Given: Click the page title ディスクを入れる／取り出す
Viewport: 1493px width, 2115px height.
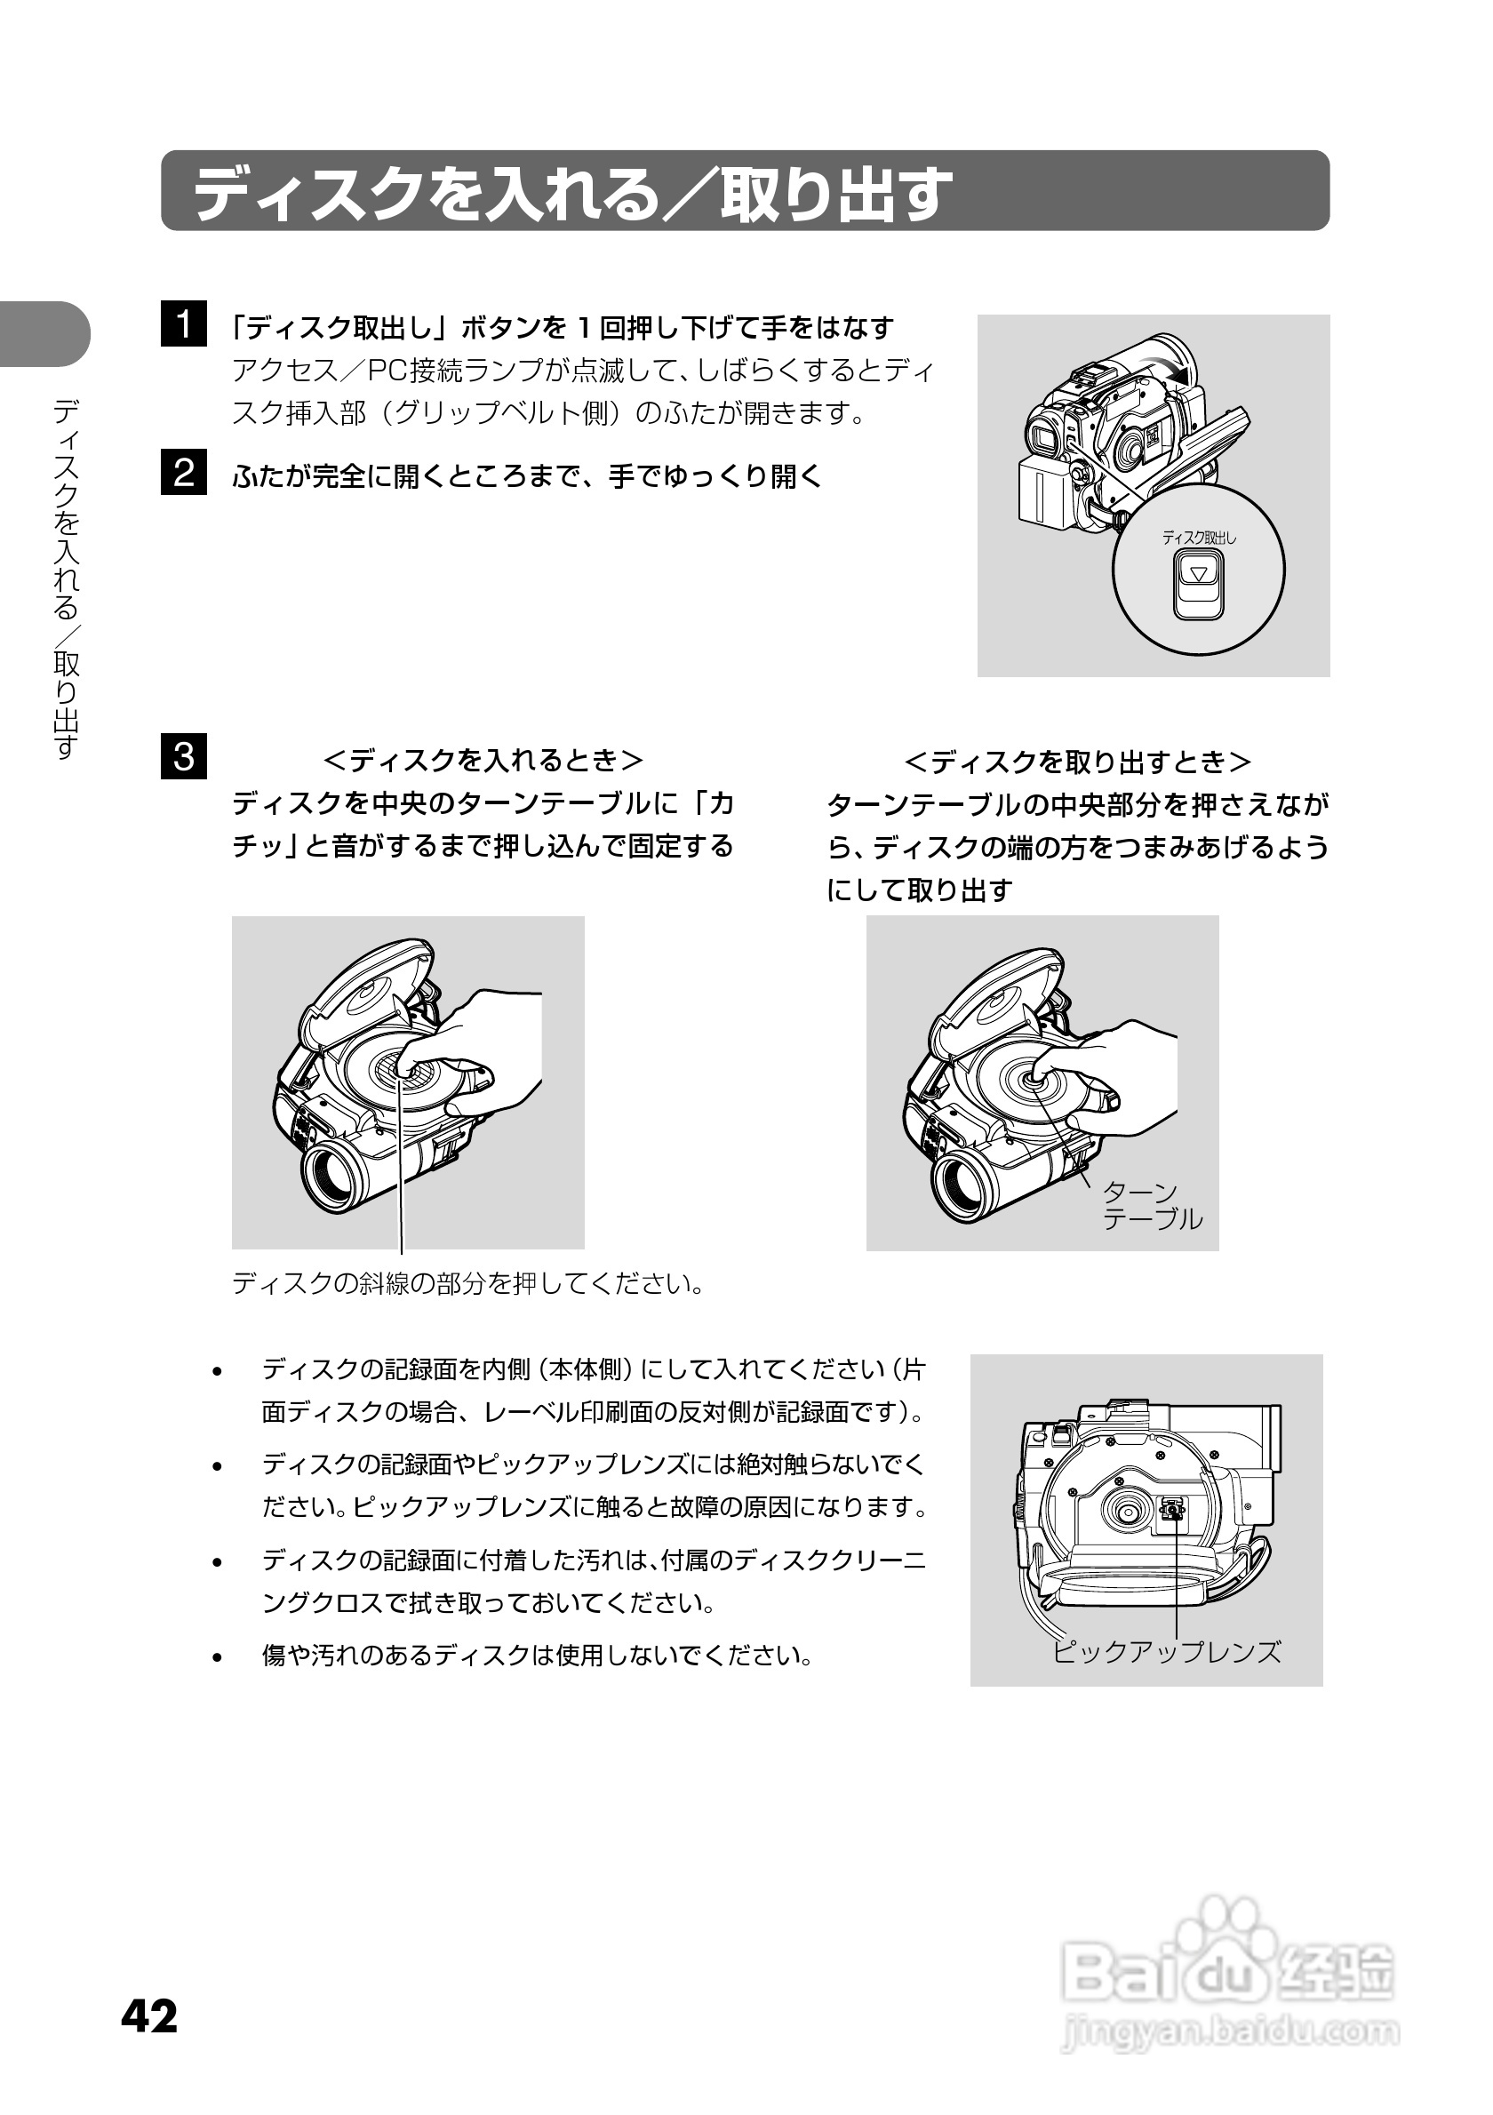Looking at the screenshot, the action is [x=571, y=193].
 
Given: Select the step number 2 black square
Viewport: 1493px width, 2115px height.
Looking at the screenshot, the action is [x=183, y=473].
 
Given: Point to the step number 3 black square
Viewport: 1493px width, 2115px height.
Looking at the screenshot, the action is [x=183, y=756].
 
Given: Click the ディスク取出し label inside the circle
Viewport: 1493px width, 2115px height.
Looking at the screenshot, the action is [x=1198, y=538].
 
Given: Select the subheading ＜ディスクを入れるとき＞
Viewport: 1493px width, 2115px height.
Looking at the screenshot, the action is [x=483, y=761].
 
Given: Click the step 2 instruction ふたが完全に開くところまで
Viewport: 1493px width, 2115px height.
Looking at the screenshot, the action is [x=527, y=476].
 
